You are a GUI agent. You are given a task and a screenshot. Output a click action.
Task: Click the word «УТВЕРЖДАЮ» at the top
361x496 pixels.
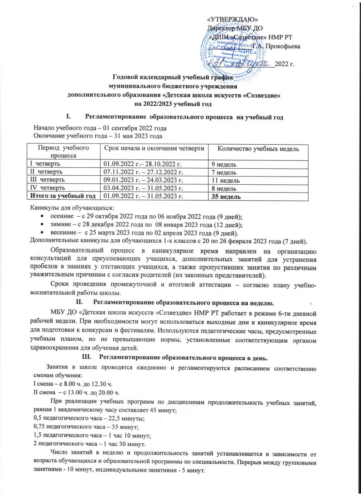point(233,19)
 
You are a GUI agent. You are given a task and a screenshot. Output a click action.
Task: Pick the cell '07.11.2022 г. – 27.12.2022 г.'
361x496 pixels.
point(143,172)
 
